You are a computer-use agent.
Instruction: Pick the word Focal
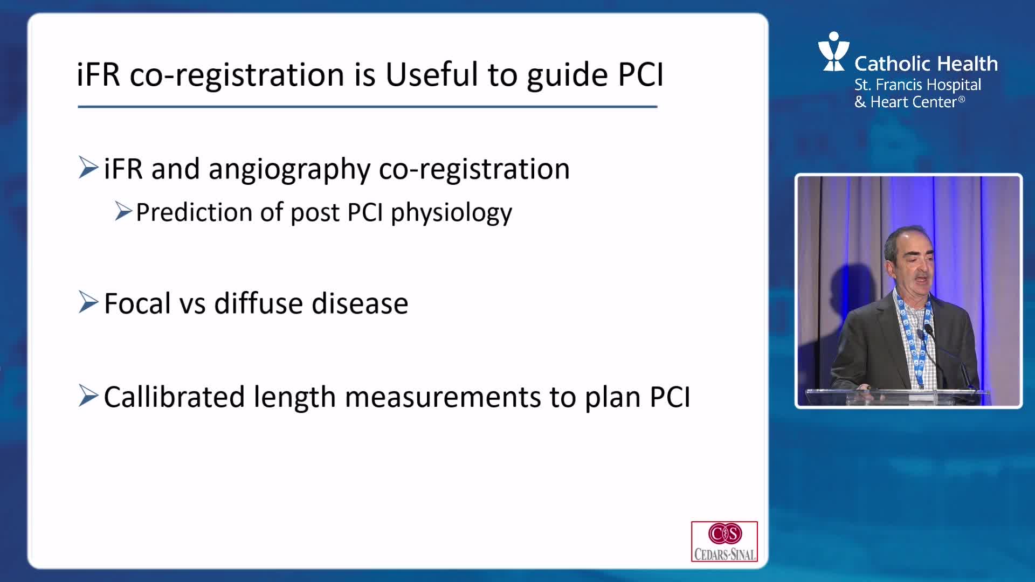pos(137,303)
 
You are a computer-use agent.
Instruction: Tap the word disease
pos(360,303)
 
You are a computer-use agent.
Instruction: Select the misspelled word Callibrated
pos(174,397)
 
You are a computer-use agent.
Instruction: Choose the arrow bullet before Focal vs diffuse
pos(88,302)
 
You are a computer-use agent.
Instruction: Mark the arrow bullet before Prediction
pos(123,211)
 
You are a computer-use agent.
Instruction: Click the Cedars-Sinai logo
pos(724,541)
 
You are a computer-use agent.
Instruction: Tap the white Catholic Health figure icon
pos(833,52)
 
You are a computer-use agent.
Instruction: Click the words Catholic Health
pos(926,64)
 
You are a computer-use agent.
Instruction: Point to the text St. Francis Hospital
pos(917,85)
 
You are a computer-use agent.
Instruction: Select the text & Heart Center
pos(909,102)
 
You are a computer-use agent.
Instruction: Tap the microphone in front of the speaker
pos(929,330)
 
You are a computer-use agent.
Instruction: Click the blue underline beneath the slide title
pos(368,107)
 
